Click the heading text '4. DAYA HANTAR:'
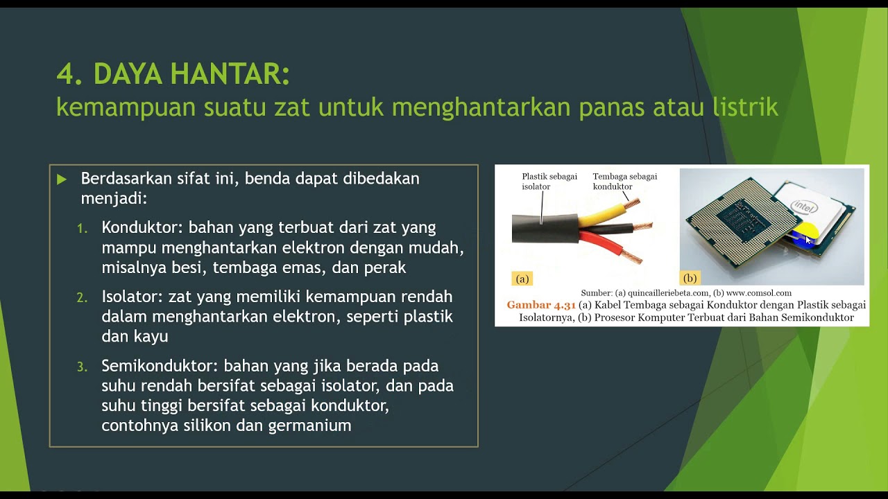173,74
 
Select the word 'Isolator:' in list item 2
132,297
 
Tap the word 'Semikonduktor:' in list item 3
160,366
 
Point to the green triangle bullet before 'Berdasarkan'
62,180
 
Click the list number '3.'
82,367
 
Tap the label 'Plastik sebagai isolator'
549,182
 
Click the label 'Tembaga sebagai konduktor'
624,182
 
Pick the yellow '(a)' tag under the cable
522,279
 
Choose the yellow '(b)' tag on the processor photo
690,278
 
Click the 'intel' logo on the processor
805,206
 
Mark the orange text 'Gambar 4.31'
540,305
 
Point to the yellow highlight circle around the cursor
804,234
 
